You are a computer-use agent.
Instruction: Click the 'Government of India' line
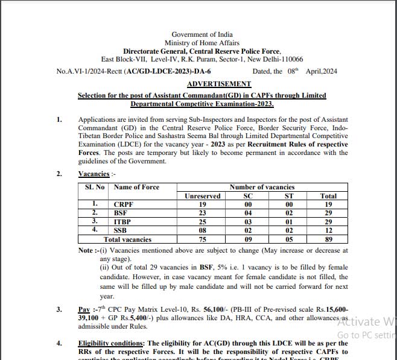202,34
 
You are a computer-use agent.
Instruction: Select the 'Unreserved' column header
202,196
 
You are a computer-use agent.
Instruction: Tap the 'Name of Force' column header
136,187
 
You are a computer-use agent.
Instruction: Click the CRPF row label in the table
124,204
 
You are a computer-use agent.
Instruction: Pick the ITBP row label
122,222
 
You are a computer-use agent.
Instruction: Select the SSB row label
121,230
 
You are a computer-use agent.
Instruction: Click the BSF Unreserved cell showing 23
202,213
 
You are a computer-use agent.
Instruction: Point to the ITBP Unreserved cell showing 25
202,222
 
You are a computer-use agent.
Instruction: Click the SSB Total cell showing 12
328,230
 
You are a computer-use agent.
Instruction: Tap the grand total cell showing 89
328,239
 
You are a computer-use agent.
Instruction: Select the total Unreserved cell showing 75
202,239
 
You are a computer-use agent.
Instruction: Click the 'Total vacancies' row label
127,239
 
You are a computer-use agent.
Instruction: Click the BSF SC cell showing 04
247,213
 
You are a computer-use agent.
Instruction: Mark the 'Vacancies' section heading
94,174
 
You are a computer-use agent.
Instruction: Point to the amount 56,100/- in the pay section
205,309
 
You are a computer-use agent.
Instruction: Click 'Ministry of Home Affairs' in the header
202,43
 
